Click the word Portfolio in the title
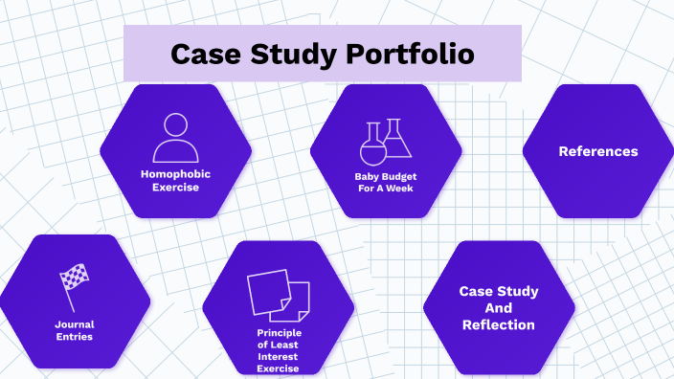point(415,54)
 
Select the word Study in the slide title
point(292,54)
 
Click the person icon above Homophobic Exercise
point(175,138)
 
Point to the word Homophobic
point(175,174)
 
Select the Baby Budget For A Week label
point(385,182)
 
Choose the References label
point(597,151)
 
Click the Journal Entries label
point(74,330)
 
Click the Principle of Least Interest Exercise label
point(279,350)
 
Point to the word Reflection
point(498,325)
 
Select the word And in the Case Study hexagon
point(498,308)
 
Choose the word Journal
point(74,324)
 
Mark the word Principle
point(279,332)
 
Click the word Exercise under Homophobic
point(175,188)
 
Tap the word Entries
point(74,337)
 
